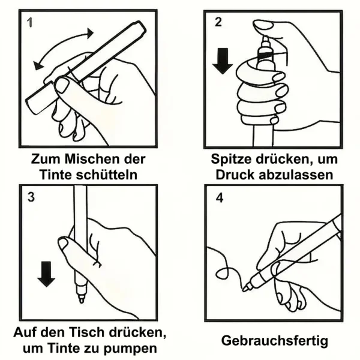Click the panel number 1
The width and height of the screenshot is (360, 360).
pyautogui.click(x=29, y=23)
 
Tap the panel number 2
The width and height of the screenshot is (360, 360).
pyautogui.click(x=218, y=22)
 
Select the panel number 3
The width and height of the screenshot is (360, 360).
pyautogui.click(x=31, y=197)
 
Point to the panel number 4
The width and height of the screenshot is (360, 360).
pyautogui.click(x=220, y=198)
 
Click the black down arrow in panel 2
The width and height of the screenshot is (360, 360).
pyautogui.click(x=222, y=61)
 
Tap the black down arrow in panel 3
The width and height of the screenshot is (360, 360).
pyautogui.click(x=46, y=274)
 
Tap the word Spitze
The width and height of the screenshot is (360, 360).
pyautogui.click(x=231, y=160)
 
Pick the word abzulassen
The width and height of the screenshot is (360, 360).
pyautogui.click(x=296, y=175)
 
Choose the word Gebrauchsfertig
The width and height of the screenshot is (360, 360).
pyautogui.click(x=275, y=341)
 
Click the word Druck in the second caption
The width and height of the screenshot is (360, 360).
pyautogui.click(x=235, y=175)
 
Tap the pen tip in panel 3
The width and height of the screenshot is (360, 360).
pyautogui.click(x=81, y=300)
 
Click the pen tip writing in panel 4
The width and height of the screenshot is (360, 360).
pyautogui.click(x=245, y=287)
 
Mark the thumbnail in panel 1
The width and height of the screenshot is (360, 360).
pyautogui.click(x=62, y=85)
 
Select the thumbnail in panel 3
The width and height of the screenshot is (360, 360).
pyautogui.click(x=64, y=244)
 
